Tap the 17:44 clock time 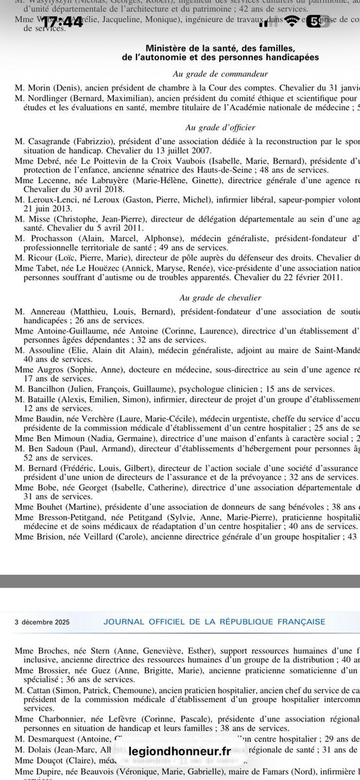[64, 21]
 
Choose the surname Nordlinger [49, 97]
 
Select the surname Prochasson [52, 239]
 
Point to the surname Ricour [40, 258]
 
